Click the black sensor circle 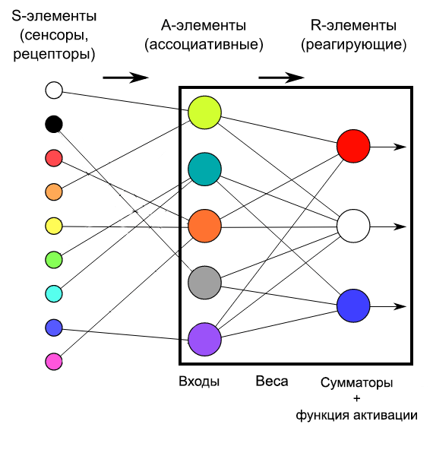tap(54, 124)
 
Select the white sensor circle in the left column tap(54, 90)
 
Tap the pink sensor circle tap(54, 362)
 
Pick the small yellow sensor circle tap(54, 226)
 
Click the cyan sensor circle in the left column tap(54, 293)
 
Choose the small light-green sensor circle tap(54, 260)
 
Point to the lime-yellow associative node tap(204, 112)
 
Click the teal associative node tap(204, 169)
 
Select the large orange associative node tap(204, 226)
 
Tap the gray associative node tap(204, 283)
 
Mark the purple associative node tap(204, 339)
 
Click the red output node tap(353, 146)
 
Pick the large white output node tap(353, 226)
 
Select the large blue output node tap(353, 306)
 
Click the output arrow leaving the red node tap(388, 147)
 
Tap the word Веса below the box tap(272, 382)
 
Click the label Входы tap(199, 382)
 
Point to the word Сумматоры tap(356, 383)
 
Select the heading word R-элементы tap(353, 25)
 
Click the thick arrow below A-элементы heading tap(125, 78)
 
